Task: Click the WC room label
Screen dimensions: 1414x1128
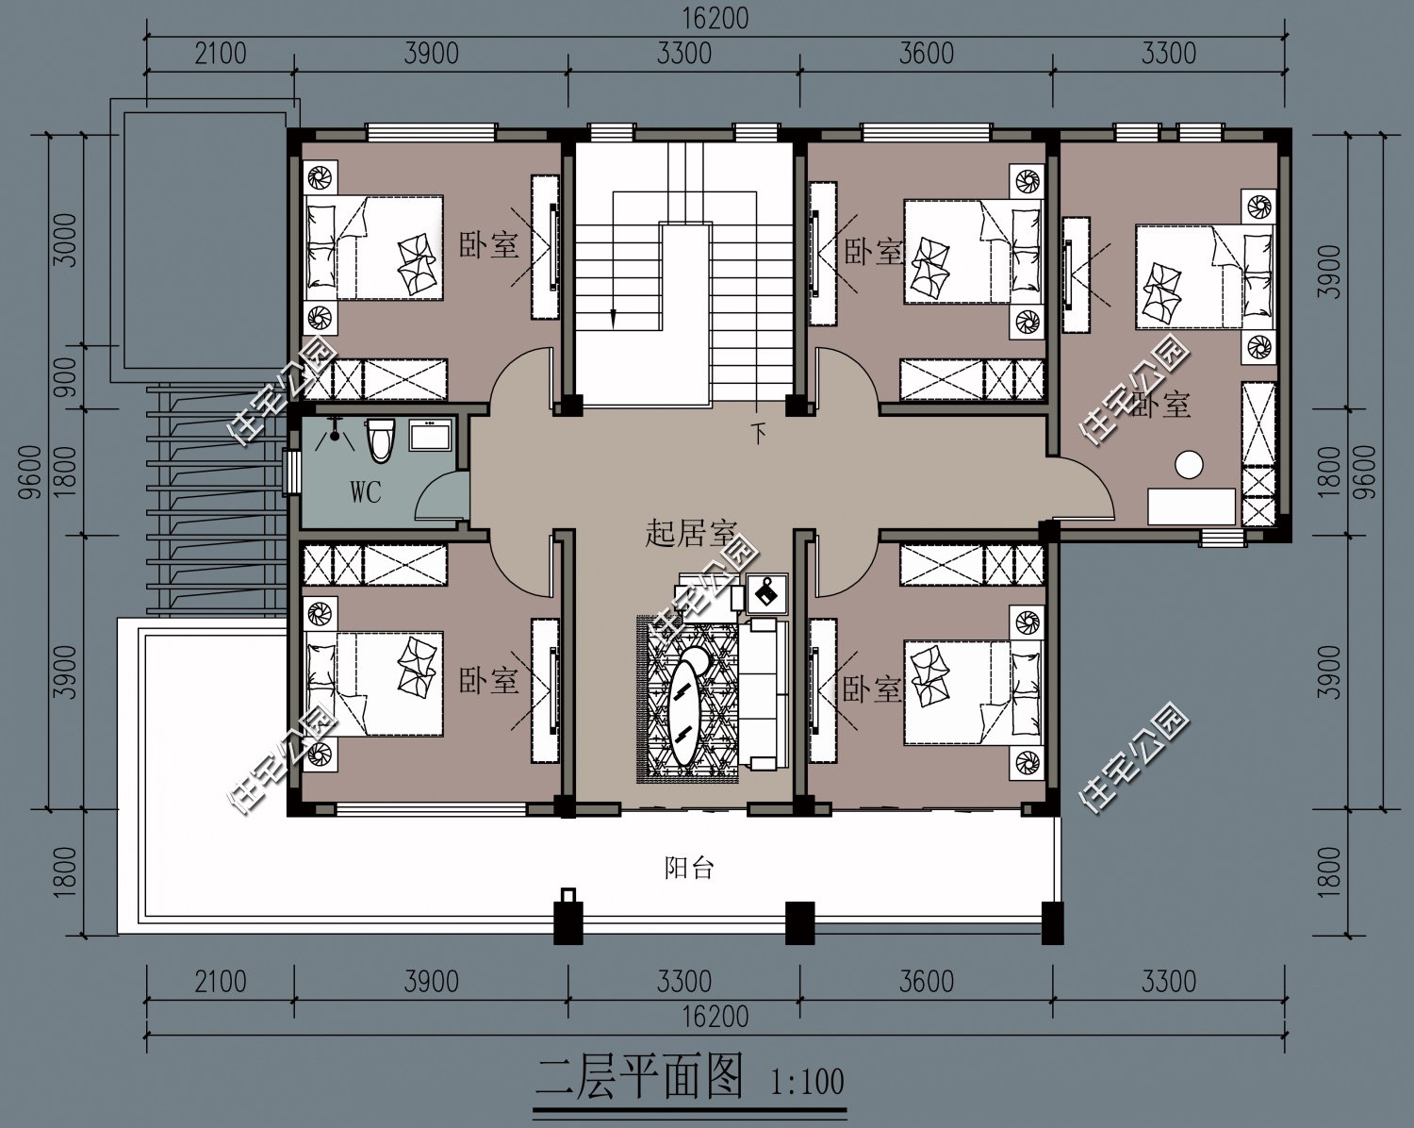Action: click(x=366, y=491)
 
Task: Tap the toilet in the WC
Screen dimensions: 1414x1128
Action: click(x=380, y=441)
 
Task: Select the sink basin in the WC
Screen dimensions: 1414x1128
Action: click(x=430, y=435)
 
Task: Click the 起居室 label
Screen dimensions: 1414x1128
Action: click(x=691, y=533)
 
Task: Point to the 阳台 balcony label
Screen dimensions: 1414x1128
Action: click(x=688, y=868)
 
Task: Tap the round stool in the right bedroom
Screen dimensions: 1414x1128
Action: click(x=1189, y=465)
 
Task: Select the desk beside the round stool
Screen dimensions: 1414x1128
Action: click(x=1192, y=506)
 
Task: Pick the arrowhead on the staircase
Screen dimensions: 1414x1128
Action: click(x=613, y=320)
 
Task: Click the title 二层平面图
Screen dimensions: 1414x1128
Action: click(x=639, y=1076)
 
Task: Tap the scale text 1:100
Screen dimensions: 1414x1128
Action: click(x=807, y=1082)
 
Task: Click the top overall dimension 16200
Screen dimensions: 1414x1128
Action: click(x=715, y=19)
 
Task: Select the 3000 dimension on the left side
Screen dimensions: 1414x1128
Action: click(x=66, y=240)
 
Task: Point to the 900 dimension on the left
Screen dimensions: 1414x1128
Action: click(x=66, y=377)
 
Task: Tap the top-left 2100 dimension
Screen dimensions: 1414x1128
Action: click(x=221, y=53)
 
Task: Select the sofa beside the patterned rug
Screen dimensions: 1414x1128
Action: click(x=764, y=693)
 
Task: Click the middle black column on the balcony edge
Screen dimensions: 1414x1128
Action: click(x=800, y=923)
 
